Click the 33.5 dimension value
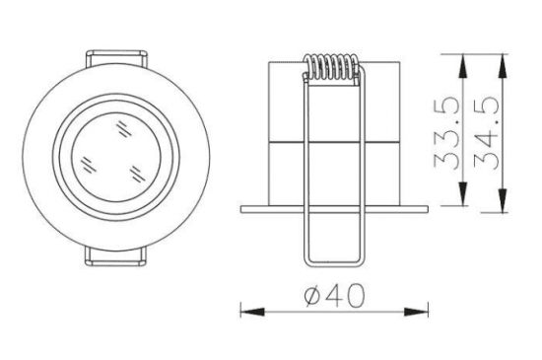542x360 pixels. point(446,134)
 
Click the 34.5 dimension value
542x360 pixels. point(487,133)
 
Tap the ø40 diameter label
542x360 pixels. point(335,296)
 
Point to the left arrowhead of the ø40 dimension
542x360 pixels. point(252,312)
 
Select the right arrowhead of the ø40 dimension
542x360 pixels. point(416,312)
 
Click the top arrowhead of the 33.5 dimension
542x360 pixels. point(462,66)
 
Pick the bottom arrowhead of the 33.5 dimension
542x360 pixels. point(462,193)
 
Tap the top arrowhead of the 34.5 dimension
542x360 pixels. point(503,66)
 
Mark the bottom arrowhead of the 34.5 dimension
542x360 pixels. point(503,200)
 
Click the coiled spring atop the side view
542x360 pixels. point(332,68)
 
